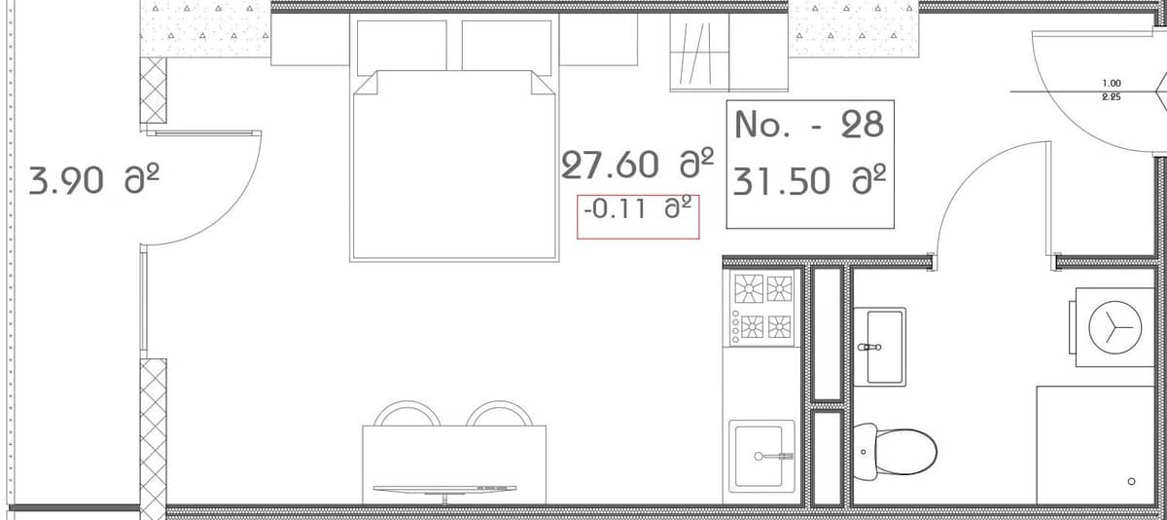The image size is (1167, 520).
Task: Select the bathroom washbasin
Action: pos(885,346)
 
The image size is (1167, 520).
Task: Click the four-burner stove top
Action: pos(762,306)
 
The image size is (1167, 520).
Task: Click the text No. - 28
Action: pos(809,124)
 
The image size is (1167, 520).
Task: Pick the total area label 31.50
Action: pos(809,182)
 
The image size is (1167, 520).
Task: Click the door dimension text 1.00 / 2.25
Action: pos(1111,91)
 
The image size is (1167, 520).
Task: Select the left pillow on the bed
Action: pos(402,45)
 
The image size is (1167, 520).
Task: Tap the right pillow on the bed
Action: pos(507,45)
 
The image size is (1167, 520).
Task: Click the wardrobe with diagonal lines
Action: pos(699,53)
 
